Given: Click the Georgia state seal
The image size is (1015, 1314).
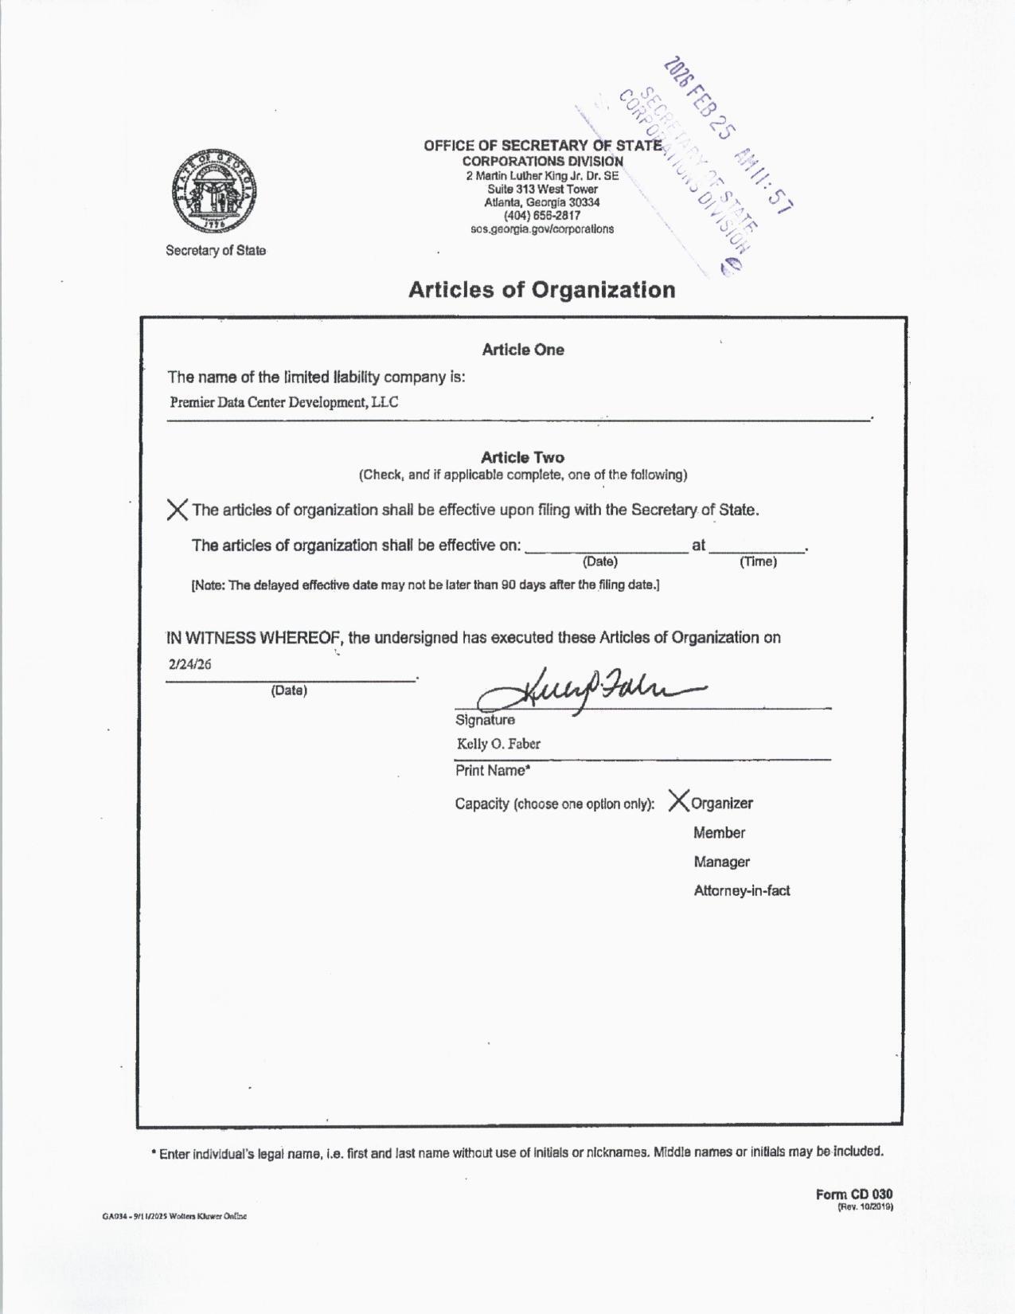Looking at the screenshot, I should (x=213, y=191).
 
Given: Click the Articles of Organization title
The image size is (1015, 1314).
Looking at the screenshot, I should (x=541, y=290).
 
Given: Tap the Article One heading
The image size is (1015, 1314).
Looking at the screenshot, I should (x=523, y=350).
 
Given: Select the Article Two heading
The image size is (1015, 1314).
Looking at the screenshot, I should (x=522, y=457).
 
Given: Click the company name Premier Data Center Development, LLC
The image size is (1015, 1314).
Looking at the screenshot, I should (x=284, y=402).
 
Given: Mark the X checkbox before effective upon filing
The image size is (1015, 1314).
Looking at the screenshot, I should (x=178, y=510).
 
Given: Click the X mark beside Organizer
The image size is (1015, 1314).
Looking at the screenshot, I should (x=679, y=800).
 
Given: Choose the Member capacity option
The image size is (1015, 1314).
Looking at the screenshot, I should (x=719, y=833).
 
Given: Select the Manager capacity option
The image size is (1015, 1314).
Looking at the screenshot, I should (x=721, y=862).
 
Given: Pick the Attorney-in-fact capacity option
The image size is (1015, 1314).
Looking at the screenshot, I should (x=741, y=891).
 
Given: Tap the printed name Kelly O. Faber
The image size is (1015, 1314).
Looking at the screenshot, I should (x=498, y=745).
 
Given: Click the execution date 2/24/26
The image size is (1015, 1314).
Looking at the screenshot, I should (x=190, y=665).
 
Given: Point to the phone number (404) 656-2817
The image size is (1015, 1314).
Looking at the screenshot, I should (x=542, y=216).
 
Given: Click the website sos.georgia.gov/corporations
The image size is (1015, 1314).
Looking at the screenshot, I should (x=542, y=229).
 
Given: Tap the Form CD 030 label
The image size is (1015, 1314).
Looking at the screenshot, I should (x=853, y=1195).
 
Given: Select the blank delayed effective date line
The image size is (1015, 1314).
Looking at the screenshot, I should (x=606, y=546).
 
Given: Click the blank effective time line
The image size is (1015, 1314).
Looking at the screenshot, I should (x=758, y=546).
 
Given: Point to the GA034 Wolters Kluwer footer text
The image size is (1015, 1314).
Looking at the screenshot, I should (x=174, y=1216).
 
